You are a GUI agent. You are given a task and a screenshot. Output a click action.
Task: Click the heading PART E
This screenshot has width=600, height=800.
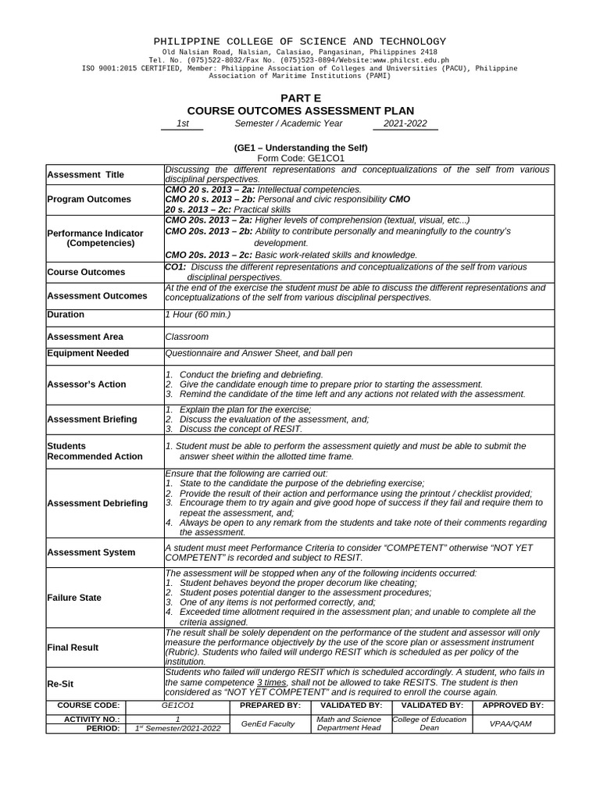[x=300, y=98]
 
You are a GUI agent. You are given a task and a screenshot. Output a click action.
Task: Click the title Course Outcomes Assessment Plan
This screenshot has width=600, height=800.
[x=300, y=111]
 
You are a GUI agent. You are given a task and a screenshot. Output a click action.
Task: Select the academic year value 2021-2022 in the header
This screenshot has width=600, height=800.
[x=405, y=124]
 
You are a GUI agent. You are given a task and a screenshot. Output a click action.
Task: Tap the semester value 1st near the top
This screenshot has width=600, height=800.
[x=182, y=124]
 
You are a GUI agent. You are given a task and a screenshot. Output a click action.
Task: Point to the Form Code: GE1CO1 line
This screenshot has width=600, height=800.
[x=300, y=158]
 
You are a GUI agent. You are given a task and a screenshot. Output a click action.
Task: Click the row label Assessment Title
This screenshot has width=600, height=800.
[x=85, y=175]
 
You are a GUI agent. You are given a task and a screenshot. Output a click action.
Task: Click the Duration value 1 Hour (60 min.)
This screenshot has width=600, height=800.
[x=198, y=315]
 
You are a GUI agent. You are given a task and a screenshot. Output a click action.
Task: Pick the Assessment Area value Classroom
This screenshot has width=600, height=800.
[x=187, y=337]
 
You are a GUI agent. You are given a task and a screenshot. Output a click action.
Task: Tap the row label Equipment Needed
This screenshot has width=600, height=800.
[x=88, y=353]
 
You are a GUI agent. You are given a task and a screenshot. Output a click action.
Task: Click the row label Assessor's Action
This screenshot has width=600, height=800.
[x=87, y=384]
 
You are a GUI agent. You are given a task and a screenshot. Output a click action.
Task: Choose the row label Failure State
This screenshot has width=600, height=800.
[x=74, y=598]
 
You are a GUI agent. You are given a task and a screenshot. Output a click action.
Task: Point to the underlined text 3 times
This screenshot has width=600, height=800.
[x=271, y=682]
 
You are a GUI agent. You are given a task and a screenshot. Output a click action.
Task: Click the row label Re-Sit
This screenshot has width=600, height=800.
[x=61, y=683]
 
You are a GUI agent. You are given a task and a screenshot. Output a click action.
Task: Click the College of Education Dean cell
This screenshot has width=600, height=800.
[x=430, y=723]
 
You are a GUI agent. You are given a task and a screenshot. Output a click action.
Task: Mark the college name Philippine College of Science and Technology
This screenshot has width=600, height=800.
[x=300, y=41]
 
